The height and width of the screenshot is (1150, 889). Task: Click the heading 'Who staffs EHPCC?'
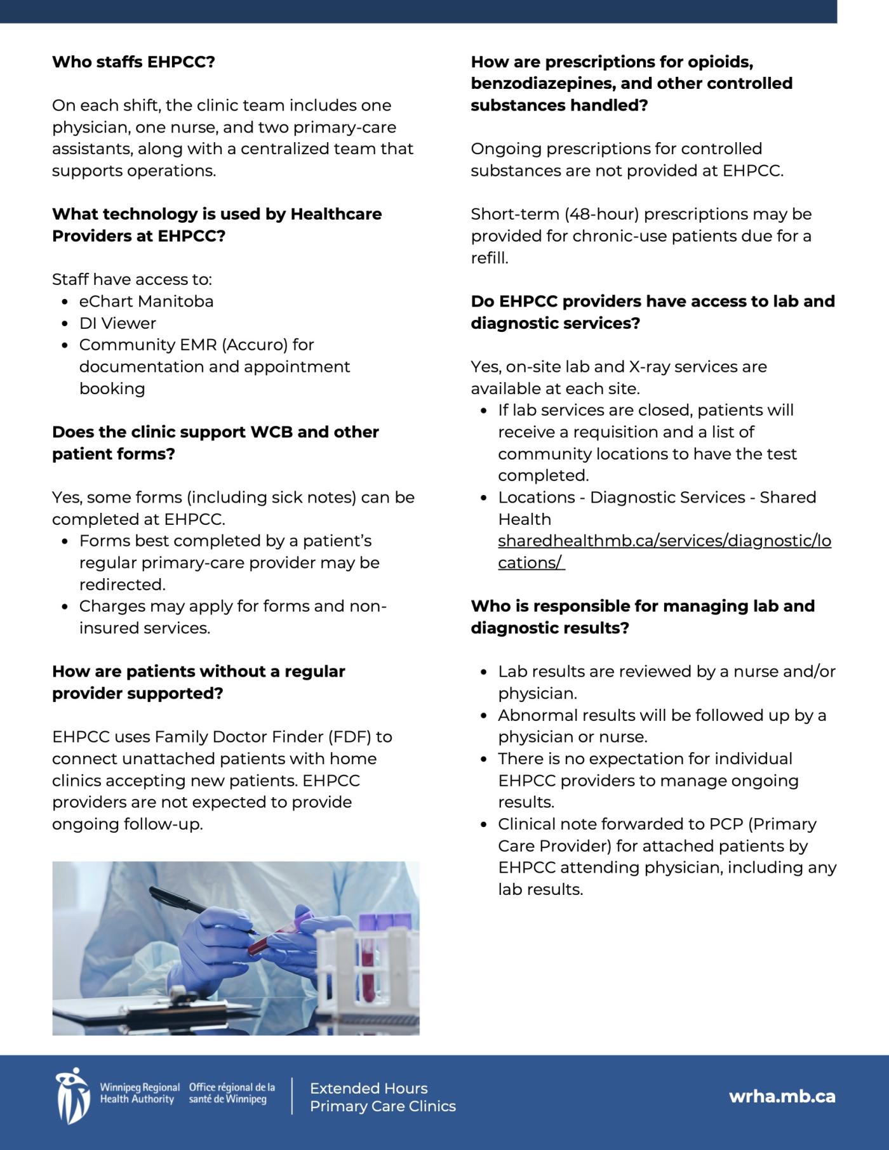[133, 62]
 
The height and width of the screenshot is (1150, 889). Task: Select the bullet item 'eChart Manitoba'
[146, 301]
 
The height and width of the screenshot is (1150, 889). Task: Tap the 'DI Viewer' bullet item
[117, 324]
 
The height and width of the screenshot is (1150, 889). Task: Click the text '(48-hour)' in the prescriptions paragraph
[601, 215]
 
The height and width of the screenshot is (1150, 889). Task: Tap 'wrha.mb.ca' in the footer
[782, 1097]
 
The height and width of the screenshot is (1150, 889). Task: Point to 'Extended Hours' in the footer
[368, 1088]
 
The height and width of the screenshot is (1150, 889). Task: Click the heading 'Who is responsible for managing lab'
[642, 606]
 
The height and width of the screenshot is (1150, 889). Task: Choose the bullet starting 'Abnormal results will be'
[661, 716]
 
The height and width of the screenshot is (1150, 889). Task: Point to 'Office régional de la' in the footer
[232, 1087]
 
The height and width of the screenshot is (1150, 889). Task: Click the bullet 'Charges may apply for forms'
[232, 607]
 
